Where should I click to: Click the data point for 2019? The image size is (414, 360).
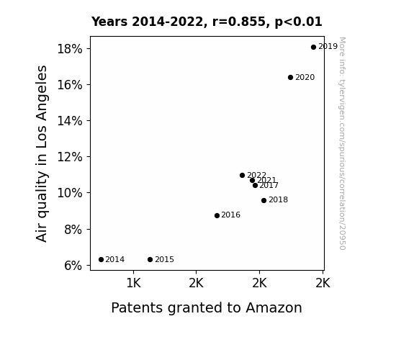tap(313, 48)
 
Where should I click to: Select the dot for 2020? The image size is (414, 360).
tap(290, 77)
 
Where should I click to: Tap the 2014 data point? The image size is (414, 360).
tap(101, 260)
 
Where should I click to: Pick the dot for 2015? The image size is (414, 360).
tap(150, 260)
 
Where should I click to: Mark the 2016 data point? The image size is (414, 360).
tap(217, 215)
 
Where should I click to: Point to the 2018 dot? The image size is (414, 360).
tap(264, 200)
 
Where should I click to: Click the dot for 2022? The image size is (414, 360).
tap(242, 176)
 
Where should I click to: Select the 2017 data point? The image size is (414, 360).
tap(255, 186)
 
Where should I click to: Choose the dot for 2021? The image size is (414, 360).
tap(252, 181)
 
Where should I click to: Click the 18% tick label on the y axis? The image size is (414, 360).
tap(70, 49)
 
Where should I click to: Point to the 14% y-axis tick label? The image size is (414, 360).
tap(70, 121)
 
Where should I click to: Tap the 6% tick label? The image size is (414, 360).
tap(73, 266)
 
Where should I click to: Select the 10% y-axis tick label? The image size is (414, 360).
tap(70, 193)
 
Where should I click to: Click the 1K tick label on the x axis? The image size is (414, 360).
tap(134, 283)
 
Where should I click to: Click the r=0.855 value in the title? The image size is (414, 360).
tap(239, 22)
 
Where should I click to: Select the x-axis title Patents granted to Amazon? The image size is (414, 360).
tap(207, 307)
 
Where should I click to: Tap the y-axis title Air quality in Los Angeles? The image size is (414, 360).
tap(42, 153)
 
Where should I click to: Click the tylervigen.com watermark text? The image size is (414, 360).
tap(342, 143)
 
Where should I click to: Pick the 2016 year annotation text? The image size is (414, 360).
tap(231, 215)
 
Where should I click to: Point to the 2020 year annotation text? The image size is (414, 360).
tap(305, 77)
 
